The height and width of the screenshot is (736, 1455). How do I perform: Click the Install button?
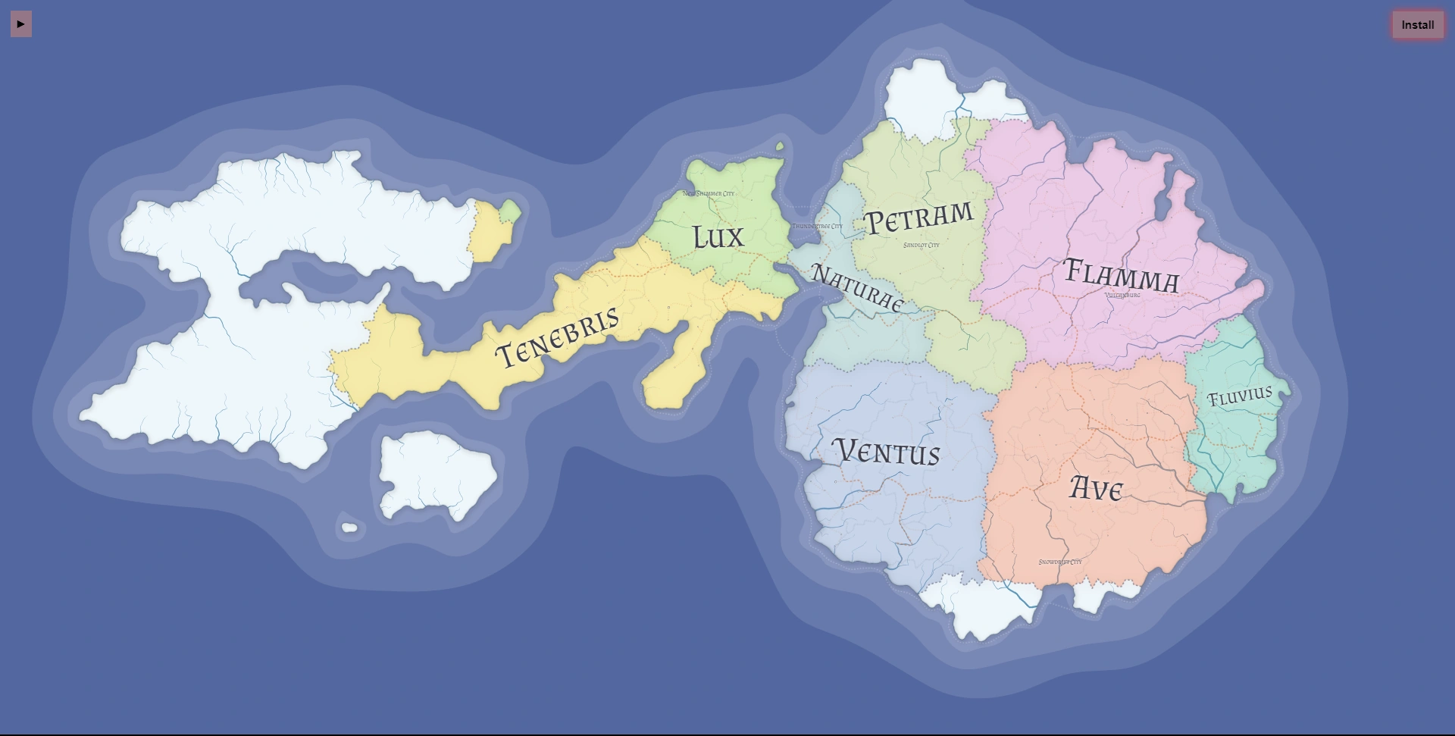[1417, 25]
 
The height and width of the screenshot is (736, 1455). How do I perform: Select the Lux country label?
[718, 237]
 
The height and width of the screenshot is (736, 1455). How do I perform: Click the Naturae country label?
[857, 287]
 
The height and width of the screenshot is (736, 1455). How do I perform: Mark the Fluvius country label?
[1239, 396]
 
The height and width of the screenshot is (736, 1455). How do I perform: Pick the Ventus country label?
[887, 452]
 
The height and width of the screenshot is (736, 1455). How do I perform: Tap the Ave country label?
[1095, 489]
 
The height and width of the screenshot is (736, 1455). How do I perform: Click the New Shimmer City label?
[708, 194]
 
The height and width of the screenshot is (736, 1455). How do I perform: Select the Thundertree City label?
[817, 227]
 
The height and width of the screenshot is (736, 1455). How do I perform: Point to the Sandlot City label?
[921, 246]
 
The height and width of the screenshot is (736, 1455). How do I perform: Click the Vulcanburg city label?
[1122, 296]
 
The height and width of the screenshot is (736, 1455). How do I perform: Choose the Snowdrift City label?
[1059, 562]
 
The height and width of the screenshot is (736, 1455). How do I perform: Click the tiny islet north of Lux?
[780, 146]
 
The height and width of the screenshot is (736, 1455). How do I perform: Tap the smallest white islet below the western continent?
[349, 528]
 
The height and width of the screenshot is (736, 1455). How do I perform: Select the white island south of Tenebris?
[436, 474]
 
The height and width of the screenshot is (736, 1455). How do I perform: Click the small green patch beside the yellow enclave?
[511, 211]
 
